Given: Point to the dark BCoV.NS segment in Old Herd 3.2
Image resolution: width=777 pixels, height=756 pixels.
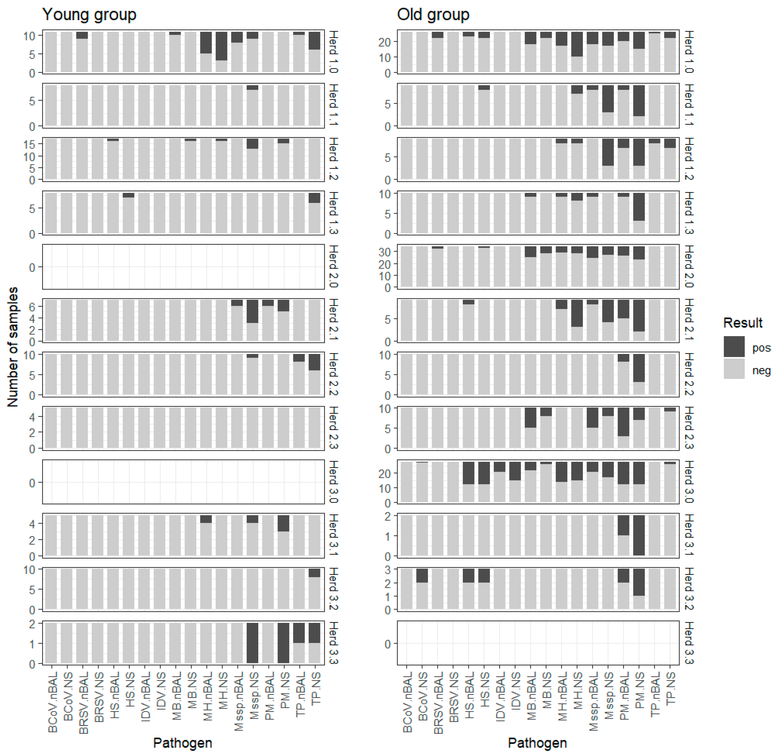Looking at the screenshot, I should click(x=422, y=575).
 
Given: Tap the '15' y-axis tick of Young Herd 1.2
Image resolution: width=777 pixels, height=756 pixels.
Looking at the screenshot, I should click(x=29, y=144).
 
